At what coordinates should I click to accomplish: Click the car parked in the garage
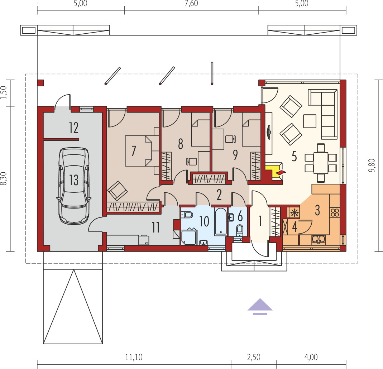point(74,186)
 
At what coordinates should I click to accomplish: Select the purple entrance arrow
point(260,306)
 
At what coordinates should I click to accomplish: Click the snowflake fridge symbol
point(295,213)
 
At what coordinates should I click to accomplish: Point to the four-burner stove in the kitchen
point(335,212)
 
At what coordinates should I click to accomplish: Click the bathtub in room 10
point(221,222)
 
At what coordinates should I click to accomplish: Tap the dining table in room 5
point(321,163)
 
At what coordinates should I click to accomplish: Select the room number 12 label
point(73,128)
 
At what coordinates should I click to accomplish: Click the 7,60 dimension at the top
point(191,4)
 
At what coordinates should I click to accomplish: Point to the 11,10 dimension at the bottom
point(134,357)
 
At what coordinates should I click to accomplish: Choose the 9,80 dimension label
point(372,165)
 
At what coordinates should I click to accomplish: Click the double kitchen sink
point(319,239)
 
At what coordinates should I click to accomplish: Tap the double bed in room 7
point(139,151)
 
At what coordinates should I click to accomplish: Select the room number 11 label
point(155,227)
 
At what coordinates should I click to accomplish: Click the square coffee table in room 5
point(310,121)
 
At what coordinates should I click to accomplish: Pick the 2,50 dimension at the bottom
point(254,357)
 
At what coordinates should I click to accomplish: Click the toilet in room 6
point(240,230)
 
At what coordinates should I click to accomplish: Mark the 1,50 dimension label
point(4,92)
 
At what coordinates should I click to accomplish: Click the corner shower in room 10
point(188,236)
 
